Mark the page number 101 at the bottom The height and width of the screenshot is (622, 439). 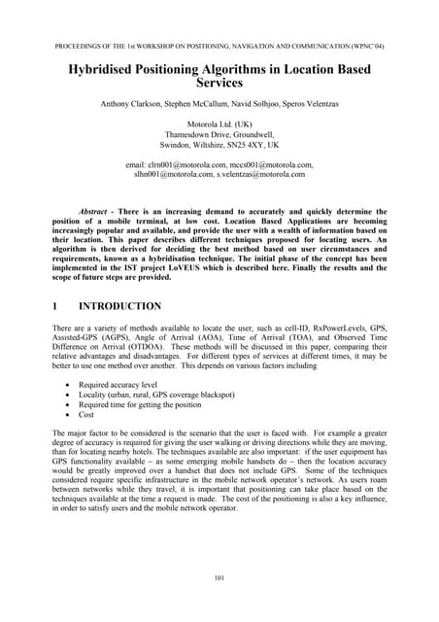[x=219, y=581]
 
